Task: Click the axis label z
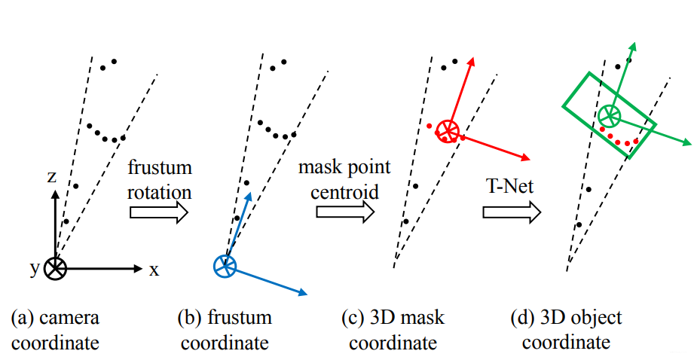[x=51, y=177]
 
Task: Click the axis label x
[x=154, y=270]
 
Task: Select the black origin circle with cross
[x=56, y=268]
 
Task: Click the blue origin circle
[x=225, y=265]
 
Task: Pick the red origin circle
[x=447, y=130]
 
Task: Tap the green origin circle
[x=609, y=115]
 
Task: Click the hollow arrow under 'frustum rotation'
[x=158, y=212]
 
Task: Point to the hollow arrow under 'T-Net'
[x=512, y=212]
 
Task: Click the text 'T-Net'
[x=509, y=186]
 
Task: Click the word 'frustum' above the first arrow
[x=160, y=166]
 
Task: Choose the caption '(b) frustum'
[x=224, y=318]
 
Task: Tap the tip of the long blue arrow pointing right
[x=306, y=294]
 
